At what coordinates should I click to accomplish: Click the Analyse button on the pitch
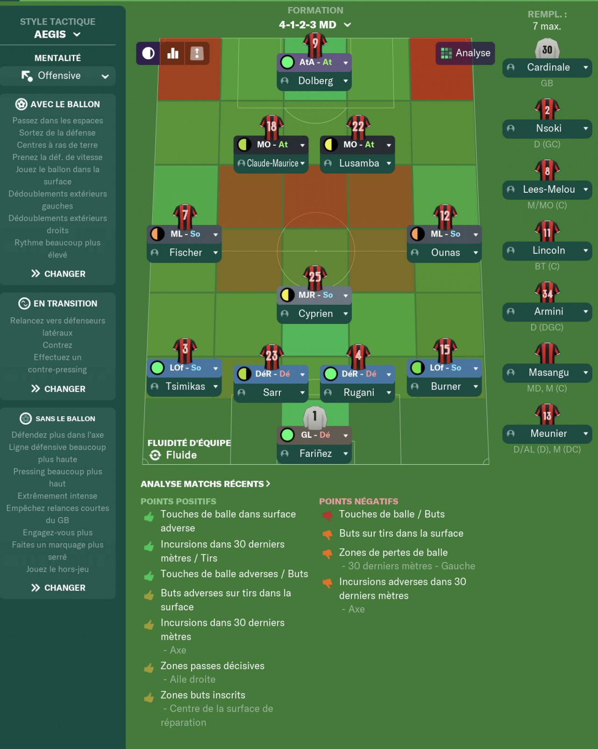465,53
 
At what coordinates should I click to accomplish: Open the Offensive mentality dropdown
58,76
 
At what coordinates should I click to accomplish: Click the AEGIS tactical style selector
57,35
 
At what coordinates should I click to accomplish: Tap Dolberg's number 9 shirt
315,44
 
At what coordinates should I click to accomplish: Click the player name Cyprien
315,314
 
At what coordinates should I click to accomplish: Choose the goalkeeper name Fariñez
315,454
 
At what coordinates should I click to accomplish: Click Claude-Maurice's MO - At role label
272,145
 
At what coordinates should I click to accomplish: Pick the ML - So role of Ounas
445,234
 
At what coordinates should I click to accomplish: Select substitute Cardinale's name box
548,68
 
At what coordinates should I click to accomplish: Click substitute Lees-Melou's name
548,189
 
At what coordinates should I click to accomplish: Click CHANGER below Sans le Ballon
58,588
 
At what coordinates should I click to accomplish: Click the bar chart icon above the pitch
173,53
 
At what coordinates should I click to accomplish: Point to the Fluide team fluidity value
181,455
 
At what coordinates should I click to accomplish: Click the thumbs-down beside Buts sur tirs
327,534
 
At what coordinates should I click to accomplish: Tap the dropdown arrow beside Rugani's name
389,393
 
